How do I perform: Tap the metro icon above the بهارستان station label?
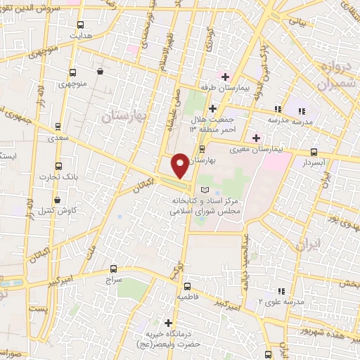pos(202,149)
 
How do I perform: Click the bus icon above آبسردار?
pos(314,152)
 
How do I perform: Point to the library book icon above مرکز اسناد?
pos(205,191)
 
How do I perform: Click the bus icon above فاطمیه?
pos(188,286)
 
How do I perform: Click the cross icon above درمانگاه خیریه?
pos(168,323)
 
